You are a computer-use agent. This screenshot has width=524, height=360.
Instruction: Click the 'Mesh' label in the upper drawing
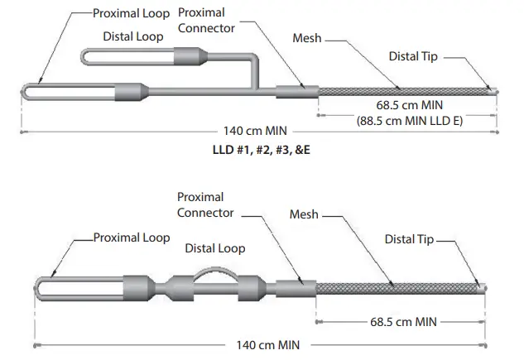point(308,38)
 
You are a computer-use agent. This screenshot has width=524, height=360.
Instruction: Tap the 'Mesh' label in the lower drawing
point(305,214)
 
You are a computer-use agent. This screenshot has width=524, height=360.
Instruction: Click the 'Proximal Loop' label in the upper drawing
point(132,13)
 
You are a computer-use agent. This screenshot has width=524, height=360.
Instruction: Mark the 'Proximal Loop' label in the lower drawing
point(131,238)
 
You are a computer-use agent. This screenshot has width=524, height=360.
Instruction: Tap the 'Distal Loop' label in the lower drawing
point(214,248)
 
